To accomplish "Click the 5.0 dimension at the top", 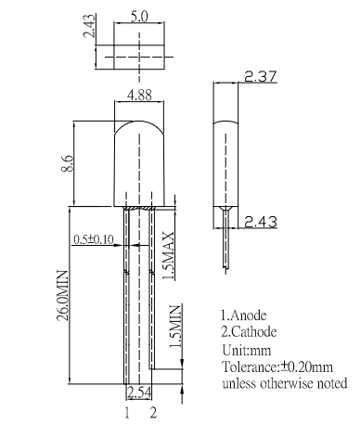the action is pyautogui.click(x=139, y=17).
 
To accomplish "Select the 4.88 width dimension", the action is pyautogui.click(x=139, y=96).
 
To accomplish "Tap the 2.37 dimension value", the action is pyautogui.click(x=261, y=76).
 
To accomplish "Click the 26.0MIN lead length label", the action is pyautogui.click(x=62, y=295).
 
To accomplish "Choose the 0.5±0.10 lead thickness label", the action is pyautogui.click(x=94, y=239).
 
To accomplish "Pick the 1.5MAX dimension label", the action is pyautogui.click(x=168, y=255).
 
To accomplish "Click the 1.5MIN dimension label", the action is pyautogui.click(x=175, y=327).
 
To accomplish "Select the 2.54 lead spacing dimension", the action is pyautogui.click(x=139, y=393).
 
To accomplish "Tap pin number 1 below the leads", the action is pyautogui.click(x=127, y=413).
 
